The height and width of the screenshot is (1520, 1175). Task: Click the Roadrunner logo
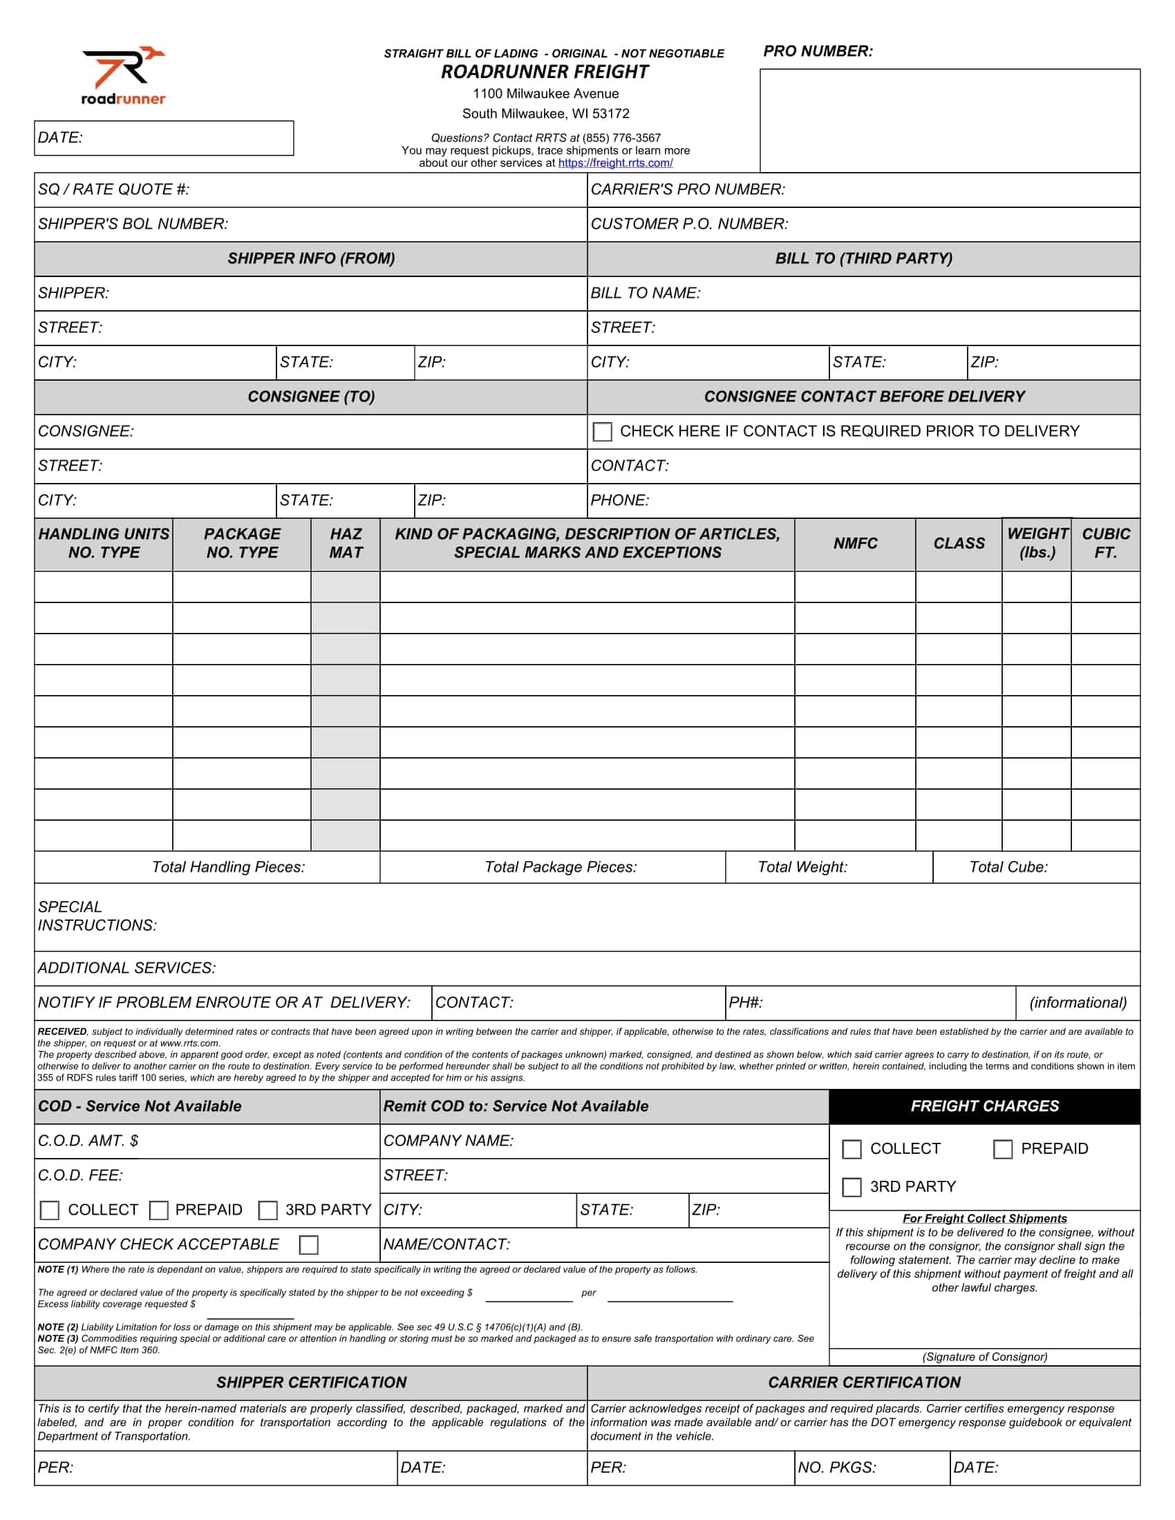point(124,75)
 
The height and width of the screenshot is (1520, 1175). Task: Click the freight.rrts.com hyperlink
point(615,163)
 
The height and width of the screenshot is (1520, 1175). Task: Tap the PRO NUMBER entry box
point(950,120)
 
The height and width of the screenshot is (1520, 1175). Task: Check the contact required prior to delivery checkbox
point(602,432)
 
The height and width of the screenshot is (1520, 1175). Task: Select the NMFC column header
point(855,544)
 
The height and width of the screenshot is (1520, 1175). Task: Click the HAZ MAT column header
point(346,544)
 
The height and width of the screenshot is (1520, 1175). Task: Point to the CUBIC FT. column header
point(1105,544)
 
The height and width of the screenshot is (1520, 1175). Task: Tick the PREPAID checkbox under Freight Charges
point(1002,1149)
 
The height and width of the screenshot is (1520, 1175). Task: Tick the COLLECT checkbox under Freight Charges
point(852,1149)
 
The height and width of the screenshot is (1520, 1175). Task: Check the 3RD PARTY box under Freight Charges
point(852,1186)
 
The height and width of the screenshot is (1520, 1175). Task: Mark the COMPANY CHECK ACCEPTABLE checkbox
point(308,1244)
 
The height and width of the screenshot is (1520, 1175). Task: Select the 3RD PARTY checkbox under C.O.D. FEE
point(268,1210)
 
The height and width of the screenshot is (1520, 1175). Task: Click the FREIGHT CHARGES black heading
point(984,1106)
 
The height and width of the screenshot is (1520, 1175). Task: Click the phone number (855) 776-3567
point(621,137)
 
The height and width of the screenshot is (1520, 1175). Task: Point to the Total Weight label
point(802,867)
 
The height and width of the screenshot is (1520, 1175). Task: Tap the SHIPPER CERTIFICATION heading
point(311,1383)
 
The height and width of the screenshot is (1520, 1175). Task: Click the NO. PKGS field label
point(837,1467)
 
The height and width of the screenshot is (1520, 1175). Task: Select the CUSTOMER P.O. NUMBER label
point(689,224)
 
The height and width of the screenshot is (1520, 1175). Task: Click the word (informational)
point(1078,1003)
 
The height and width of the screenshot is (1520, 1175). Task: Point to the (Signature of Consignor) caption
point(984,1356)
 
